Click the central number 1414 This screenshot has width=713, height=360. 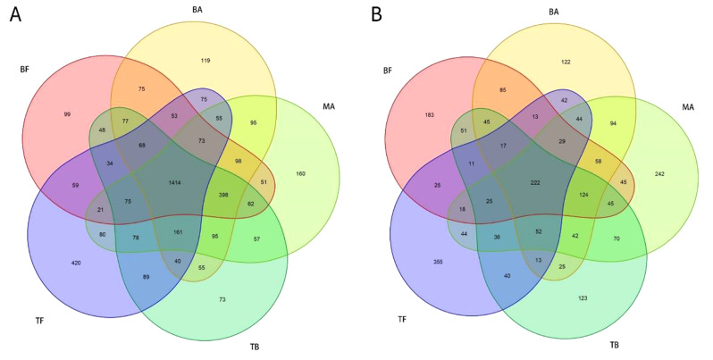[x=174, y=183]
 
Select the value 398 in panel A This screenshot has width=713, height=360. [x=222, y=195]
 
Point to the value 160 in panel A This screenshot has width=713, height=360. [x=300, y=173]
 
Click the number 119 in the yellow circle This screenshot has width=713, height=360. [x=206, y=61]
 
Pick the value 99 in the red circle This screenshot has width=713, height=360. [x=67, y=114]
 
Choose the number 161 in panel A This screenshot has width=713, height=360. [x=179, y=232]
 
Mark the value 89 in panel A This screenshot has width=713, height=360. [x=146, y=276]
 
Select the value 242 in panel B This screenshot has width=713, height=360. [x=659, y=173]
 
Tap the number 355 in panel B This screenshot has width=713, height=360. [x=438, y=262]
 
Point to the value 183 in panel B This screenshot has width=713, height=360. [x=429, y=115]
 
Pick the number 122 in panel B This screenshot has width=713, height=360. [x=566, y=62]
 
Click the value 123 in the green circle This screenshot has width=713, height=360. [x=583, y=298]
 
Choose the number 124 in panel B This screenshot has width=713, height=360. [x=583, y=195]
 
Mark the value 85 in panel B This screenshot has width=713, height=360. [x=502, y=90]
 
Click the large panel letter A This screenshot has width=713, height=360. [x=15, y=14]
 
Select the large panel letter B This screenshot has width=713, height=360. [x=376, y=14]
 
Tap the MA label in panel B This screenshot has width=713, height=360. [x=688, y=107]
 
